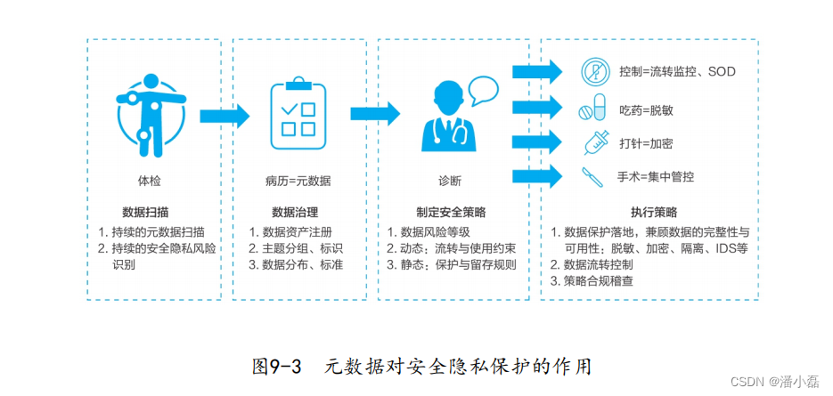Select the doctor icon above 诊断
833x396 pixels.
(442, 120)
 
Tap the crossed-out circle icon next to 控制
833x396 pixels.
(592, 70)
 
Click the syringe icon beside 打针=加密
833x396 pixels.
(593, 141)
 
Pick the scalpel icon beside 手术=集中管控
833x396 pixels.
(592, 177)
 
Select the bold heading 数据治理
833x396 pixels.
(295, 213)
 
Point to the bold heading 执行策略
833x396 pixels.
(653, 213)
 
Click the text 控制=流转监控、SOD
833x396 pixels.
(677, 71)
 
